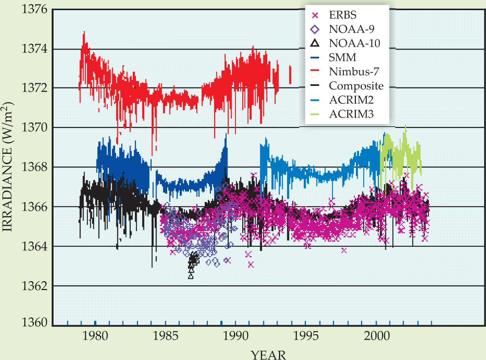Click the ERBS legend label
pos(343,16)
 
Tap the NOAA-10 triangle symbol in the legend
pos(316,43)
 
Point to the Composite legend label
pos(356,86)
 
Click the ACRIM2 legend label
pos(351,100)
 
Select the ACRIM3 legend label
pos(351,114)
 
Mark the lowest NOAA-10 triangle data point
pos(191,276)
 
